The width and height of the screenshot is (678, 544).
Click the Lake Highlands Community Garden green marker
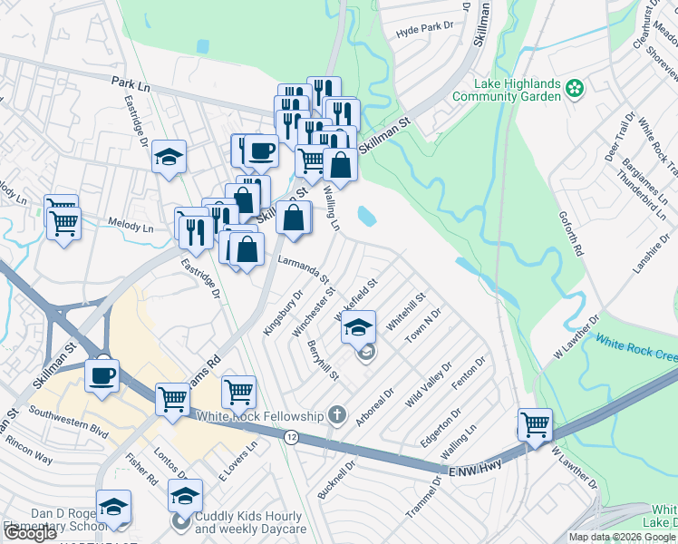tap(573, 88)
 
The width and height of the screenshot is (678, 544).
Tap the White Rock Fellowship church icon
tap(337, 416)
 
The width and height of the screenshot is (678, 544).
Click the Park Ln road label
tap(130, 83)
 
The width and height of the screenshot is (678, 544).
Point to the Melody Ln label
tap(131, 227)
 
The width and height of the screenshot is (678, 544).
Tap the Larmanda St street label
tap(302, 269)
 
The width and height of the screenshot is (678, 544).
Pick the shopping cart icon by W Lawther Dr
tap(535, 423)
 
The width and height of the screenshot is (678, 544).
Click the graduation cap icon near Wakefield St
tap(359, 325)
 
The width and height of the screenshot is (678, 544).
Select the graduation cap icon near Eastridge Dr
tap(169, 158)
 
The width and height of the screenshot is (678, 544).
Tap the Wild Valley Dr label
tap(429, 385)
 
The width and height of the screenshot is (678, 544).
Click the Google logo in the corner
tap(30, 533)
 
